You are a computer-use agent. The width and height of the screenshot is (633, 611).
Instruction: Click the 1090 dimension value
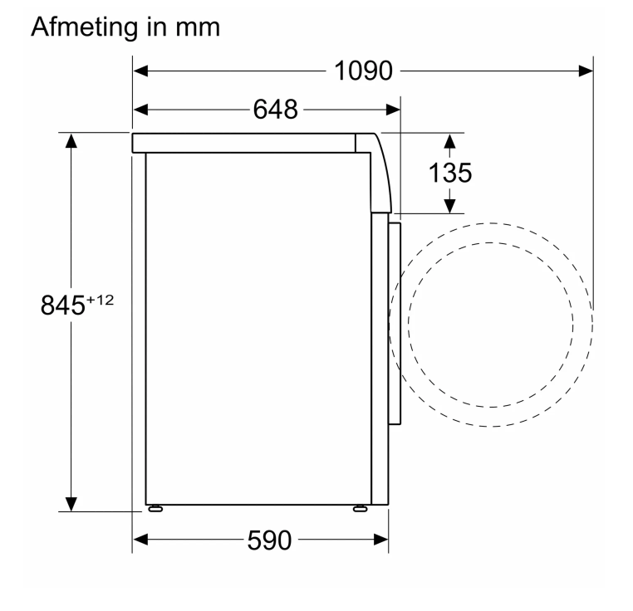coord(363,71)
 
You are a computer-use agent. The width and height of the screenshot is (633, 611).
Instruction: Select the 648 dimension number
coord(276,110)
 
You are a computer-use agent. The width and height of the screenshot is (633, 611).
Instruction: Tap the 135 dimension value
coord(450,174)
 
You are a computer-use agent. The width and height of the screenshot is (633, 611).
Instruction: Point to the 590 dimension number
coord(269,540)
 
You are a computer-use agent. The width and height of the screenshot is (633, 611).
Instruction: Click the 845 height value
coord(62,305)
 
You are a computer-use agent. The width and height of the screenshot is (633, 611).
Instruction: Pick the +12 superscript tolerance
coord(101,300)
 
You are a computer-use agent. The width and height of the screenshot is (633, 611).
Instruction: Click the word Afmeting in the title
coord(85,27)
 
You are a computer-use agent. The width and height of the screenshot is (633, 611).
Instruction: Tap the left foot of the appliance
coord(155,509)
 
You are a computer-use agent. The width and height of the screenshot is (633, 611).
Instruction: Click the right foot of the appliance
coord(360,509)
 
